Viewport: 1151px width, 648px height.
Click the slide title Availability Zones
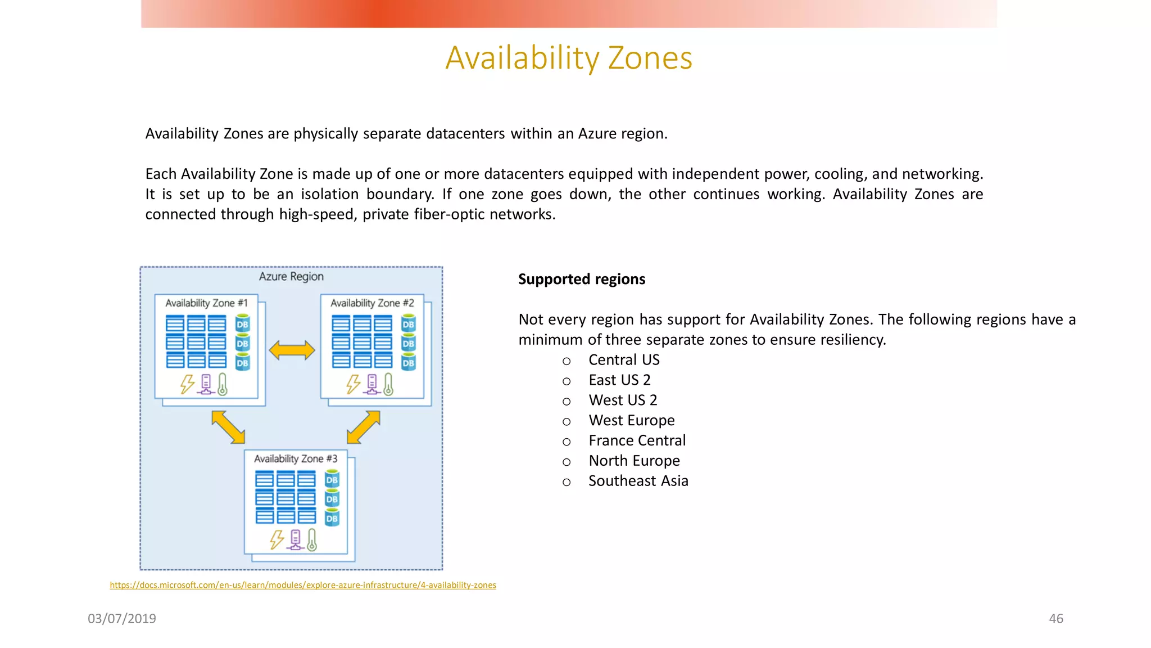tap(569, 58)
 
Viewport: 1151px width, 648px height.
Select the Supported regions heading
tap(582, 279)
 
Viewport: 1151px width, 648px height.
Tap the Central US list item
tap(624, 360)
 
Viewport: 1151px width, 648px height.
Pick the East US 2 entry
tap(619, 380)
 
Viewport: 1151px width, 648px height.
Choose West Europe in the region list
tap(632, 421)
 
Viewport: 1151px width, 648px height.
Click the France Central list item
tap(637, 440)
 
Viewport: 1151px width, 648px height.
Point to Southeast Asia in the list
tap(638, 481)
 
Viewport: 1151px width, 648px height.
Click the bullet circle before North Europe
tap(567, 462)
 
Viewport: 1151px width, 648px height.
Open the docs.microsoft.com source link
tap(303, 585)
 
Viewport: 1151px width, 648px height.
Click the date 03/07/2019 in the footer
tap(122, 619)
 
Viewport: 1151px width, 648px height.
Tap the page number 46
tap(1056, 619)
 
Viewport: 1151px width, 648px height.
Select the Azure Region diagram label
tap(291, 277)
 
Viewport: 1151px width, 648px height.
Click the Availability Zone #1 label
tap(206, 303)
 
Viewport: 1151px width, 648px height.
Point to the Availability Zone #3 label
tap(296, 459)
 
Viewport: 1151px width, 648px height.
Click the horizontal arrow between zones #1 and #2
tap(292, 350)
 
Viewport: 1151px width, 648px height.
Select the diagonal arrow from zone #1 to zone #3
tap(228, 427)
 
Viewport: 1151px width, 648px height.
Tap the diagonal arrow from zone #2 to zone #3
tap(364, 427)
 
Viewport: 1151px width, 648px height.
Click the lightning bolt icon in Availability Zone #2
tap(353, 384)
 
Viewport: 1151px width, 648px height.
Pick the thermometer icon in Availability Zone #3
tap(312, 540)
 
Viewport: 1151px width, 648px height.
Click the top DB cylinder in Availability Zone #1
tap(242, 323)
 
